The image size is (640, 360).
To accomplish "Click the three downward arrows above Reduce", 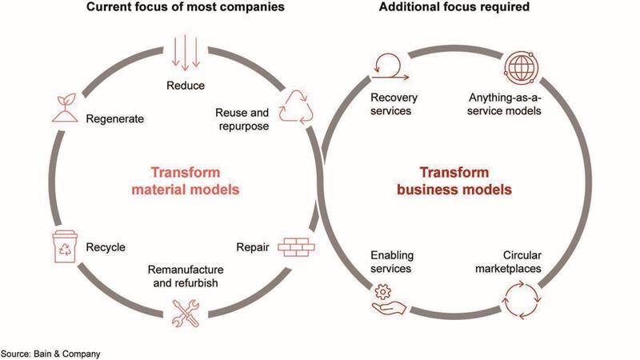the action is tap(186, 52).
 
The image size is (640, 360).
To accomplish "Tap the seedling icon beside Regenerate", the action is tap(66, 108).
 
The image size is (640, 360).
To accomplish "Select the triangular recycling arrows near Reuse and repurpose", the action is tap(296, 107).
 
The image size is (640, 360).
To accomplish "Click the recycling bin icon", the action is tap(65, 246).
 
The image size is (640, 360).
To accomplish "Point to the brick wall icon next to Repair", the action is tap(296, 247).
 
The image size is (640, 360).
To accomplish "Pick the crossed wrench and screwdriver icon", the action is tap(186, 313).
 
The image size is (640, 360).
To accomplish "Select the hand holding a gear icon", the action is tap(389, 299).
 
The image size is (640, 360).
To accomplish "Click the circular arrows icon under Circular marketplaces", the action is tap(522, 299).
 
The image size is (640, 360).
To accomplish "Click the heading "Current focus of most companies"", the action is tap(186, 7).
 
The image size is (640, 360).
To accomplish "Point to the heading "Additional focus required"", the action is tap(454, 7).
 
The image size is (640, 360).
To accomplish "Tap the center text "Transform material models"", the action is tap(186, 181).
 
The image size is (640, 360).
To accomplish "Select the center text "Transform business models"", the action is tap(454, 181).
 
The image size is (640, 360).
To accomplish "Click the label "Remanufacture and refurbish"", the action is tap(186, 276).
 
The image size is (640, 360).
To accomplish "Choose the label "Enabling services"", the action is tap(392, 262).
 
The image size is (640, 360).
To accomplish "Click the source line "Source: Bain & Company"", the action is tap(50, 354).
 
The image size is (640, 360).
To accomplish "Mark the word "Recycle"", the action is tap(106, 247).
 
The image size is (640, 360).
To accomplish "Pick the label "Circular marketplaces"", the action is tap(509, 262).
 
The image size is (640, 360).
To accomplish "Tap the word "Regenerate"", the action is tap(115, 119).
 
